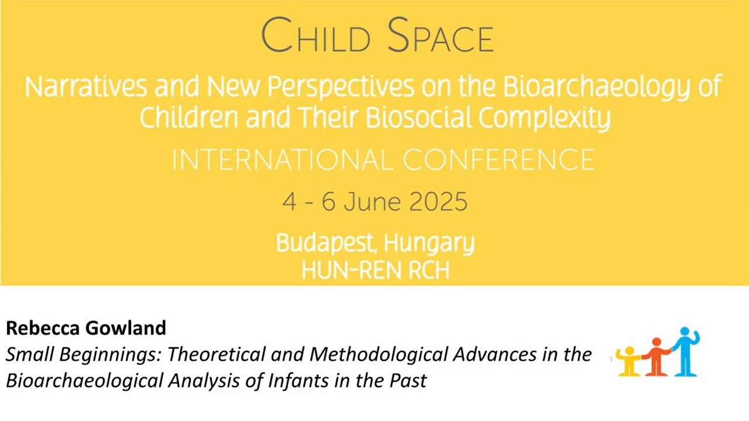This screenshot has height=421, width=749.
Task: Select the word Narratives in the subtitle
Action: tap(85, 87)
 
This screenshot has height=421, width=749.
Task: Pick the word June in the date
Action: tap(373, 202)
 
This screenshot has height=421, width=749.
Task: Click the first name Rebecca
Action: tap(43, 328)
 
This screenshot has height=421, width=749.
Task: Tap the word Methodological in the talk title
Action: tap(380, 354)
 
